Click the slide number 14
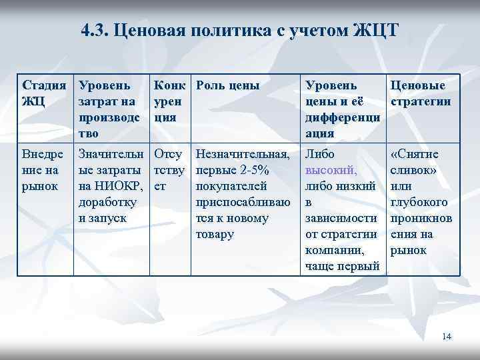447,337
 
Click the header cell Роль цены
227,86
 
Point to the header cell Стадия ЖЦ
44,94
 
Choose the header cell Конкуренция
168,102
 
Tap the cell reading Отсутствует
168,170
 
